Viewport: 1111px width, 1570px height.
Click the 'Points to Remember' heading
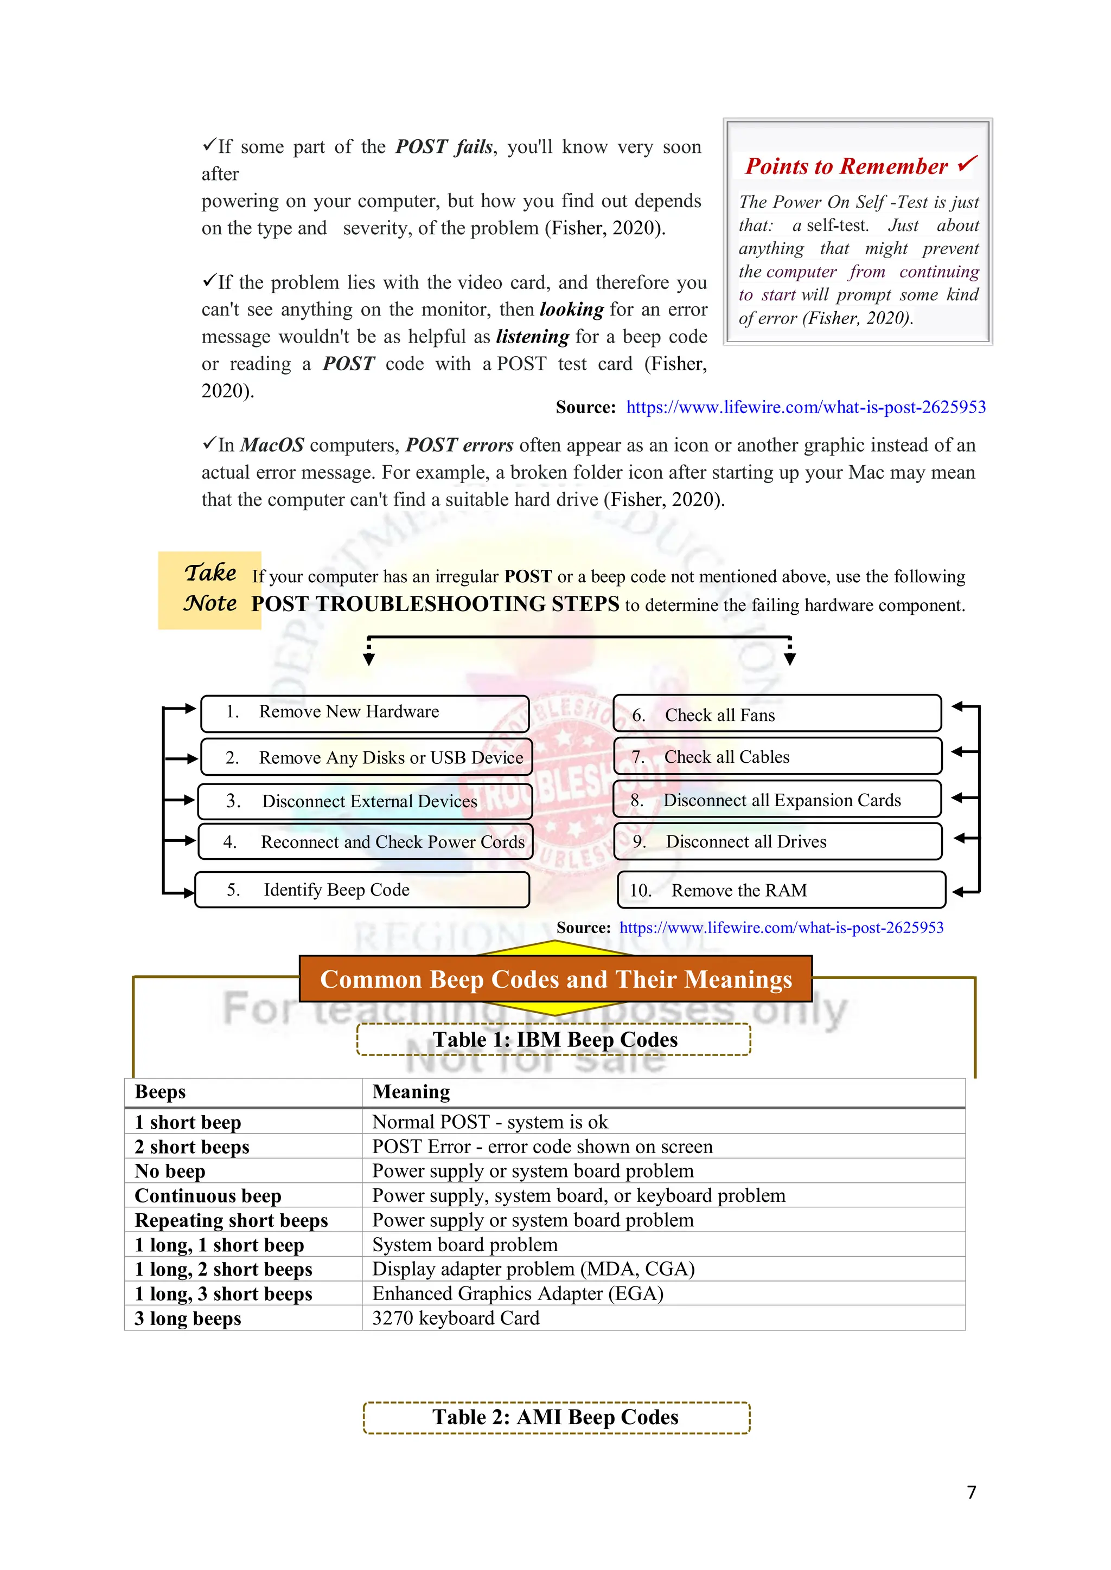coord(847,166)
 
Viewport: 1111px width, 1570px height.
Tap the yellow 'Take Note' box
coord(209,589)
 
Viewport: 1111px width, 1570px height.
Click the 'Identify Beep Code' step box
coord(362,890)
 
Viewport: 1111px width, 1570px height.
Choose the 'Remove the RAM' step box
coord(781,890)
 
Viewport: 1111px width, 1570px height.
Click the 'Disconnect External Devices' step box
coord(365,801)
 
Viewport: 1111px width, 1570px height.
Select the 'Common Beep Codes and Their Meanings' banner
coord(555,979)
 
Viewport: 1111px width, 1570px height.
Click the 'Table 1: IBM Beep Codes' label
coord(554,1039)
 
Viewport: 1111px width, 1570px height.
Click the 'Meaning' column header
coord(411,1092)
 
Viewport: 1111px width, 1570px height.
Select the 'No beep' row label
coord(170,1172)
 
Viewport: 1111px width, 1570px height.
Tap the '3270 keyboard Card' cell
coord(456,1318)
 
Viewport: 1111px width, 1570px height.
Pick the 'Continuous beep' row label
coord(208,1196)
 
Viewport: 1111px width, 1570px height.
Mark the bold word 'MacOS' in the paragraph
coord(272,445)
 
